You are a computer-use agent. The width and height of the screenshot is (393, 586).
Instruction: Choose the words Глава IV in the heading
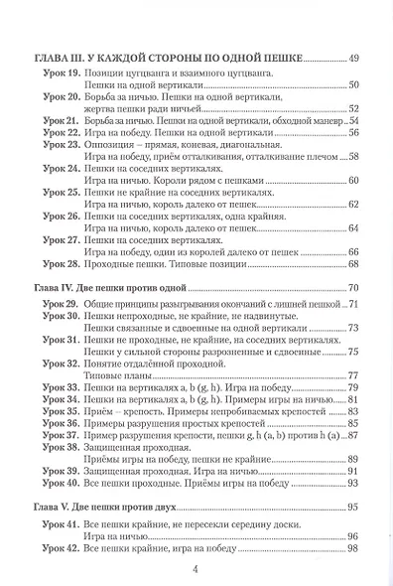(54, 287)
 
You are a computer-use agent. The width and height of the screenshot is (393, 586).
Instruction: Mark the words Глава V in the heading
(52, 508)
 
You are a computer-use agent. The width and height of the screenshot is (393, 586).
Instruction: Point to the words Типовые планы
(110, 375)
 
